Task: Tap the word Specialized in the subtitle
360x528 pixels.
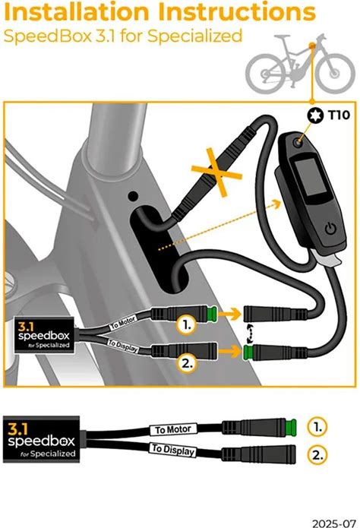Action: [x=195, y=36]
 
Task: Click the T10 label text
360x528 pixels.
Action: [x=339, y=115]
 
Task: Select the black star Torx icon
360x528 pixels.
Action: [x=315, y=115]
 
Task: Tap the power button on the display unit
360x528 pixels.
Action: [x=330, y=229]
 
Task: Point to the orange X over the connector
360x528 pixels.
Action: [x=217, y=172]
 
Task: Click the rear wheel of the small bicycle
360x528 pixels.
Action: [x=266, y=73]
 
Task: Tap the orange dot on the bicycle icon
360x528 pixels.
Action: [x=312, y=46]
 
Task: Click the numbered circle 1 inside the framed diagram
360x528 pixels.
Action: [x=186, y=325]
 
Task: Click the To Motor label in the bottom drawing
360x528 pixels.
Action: [x=173, y=429]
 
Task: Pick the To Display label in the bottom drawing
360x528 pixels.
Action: [x=173, y=450]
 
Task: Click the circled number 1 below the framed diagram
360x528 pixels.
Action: [x=317, y=427]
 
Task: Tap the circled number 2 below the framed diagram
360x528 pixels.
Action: [x=317, y=455]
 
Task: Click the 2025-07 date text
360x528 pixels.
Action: [x=333, y=523]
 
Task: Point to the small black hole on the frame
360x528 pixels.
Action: [x=134, y=196]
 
